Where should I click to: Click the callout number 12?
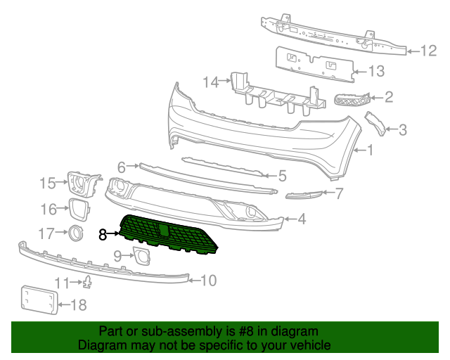429,50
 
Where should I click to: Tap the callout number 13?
377,71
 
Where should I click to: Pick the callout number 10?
208,281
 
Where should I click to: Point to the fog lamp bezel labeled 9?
143,256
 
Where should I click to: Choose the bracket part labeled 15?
82,183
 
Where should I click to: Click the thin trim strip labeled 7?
304,195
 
